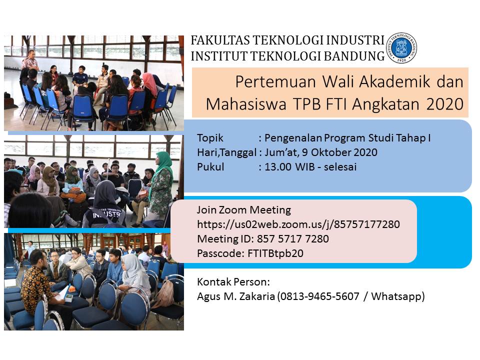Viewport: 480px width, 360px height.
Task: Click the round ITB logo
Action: tap(401, 48)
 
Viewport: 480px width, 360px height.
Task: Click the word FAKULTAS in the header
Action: tap(220, 40)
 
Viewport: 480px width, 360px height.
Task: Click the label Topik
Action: tap(210, 138)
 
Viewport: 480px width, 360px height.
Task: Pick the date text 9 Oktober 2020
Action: tap(340, 152)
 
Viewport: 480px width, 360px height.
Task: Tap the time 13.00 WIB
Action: tap(289, 167)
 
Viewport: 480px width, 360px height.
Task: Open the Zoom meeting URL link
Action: tap(298, 224)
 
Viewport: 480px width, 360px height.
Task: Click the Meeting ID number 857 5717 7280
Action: tap(293, 239)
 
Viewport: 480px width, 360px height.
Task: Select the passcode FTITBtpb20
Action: tap(275, 253)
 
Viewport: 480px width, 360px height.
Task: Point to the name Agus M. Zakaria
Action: tap(235, 296)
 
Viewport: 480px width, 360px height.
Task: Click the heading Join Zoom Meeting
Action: tap(243, 210)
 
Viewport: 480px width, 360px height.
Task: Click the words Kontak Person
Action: tap(233, 281)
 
